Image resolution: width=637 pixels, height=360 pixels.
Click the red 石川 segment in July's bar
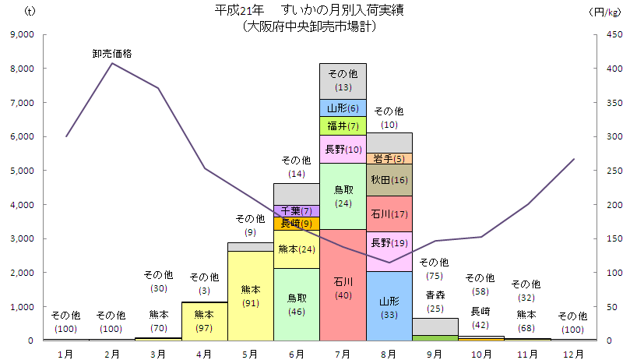tap(343, 285)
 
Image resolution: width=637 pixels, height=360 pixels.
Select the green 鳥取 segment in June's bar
tap(297, 305)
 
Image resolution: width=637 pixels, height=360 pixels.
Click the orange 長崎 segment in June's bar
tap(297, 224)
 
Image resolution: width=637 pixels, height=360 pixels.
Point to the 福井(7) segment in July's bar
tap(343, 125)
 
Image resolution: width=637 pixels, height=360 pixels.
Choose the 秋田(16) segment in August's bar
tap(389, 180)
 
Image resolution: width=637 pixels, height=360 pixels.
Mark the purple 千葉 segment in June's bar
tap(297, 210)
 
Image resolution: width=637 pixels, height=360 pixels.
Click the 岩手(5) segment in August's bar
tap(389, 159)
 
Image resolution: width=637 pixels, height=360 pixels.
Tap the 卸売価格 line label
tap(112, 54)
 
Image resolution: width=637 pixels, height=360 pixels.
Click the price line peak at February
tap(112, 63)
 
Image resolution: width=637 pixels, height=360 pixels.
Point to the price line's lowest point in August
tap(389, 263)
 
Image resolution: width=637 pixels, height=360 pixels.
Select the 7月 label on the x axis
tap(343, 353)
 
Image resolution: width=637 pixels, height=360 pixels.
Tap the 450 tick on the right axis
tap(615, 34)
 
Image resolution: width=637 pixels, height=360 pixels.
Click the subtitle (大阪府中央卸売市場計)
tap(309, 26)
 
